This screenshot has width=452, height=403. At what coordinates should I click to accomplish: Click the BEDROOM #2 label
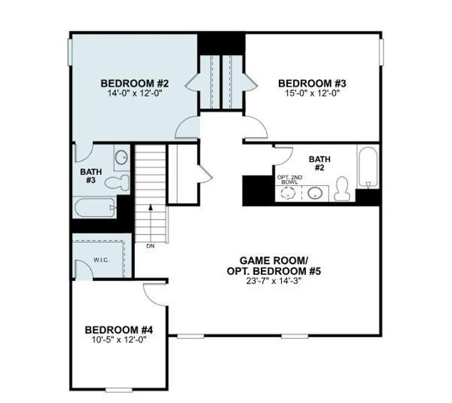tap(134, 83)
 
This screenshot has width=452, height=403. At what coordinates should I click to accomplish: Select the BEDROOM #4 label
tap(119, 330)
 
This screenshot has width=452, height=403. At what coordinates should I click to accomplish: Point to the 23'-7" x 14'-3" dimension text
tap(273, 281)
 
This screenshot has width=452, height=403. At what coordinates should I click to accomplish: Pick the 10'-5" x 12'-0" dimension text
tap(119, 340)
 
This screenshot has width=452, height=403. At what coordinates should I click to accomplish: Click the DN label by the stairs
tap(150, 246)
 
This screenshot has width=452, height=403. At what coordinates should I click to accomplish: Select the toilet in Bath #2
tap(342, 189)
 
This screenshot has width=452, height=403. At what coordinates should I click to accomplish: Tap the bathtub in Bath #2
tap(367, 167)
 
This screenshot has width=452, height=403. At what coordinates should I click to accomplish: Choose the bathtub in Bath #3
tap(94, 207)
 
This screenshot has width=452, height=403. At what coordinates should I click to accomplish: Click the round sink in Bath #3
tap(122, 158)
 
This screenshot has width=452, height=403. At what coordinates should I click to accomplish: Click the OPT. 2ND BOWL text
tap(290, 179)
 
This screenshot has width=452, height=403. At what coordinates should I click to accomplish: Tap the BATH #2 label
tap(320, 163)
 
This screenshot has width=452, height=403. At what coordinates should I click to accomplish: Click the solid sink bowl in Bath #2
tap(316, 193)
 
